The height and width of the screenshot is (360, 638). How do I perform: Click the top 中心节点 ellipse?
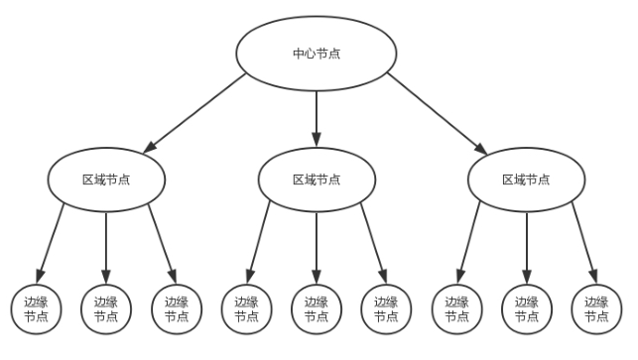[317, 53]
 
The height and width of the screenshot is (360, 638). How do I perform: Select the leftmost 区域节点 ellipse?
[106, 180]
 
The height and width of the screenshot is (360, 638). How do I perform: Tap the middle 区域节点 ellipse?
[317, 180]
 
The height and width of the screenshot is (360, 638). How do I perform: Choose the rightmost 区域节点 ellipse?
[527, 180]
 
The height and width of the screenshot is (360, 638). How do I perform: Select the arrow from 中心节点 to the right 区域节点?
[437, 113]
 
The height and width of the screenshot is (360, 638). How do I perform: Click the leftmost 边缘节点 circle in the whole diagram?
[36, 308]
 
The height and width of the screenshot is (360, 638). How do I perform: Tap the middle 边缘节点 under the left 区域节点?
[106, 308]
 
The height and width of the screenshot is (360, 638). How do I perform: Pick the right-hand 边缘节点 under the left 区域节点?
[176, 308]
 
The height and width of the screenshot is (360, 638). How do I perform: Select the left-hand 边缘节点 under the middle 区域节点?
[246, 308]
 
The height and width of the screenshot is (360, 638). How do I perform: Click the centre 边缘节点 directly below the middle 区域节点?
[317, 308]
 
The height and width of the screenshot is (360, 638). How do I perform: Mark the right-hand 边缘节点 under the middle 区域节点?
[386, 308]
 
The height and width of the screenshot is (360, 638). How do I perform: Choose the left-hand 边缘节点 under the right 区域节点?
[456, 308]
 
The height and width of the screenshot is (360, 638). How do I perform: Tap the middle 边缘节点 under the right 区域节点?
[527, 308]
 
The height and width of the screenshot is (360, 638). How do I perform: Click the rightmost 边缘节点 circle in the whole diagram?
[596, 308]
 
